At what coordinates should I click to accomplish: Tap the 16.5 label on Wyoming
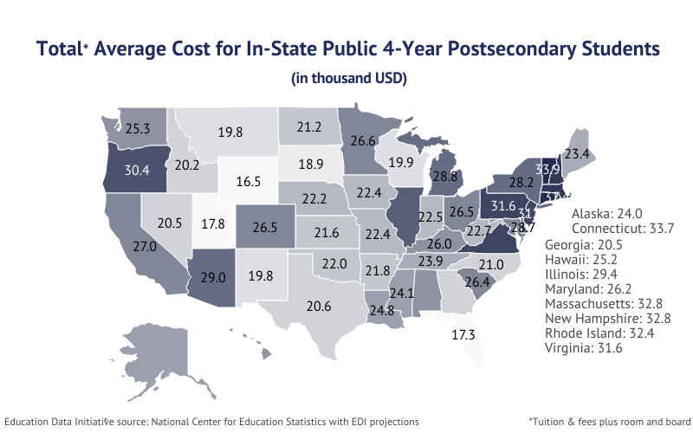(x=249, y=182)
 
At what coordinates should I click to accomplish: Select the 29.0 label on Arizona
(x=213, y=278)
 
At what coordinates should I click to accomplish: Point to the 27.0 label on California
(x=144, y=247)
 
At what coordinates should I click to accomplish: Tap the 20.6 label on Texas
(x=320, y=305)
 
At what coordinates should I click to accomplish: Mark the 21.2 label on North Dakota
(x=309, y=127)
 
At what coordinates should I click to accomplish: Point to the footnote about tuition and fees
(x=604, y=421)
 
